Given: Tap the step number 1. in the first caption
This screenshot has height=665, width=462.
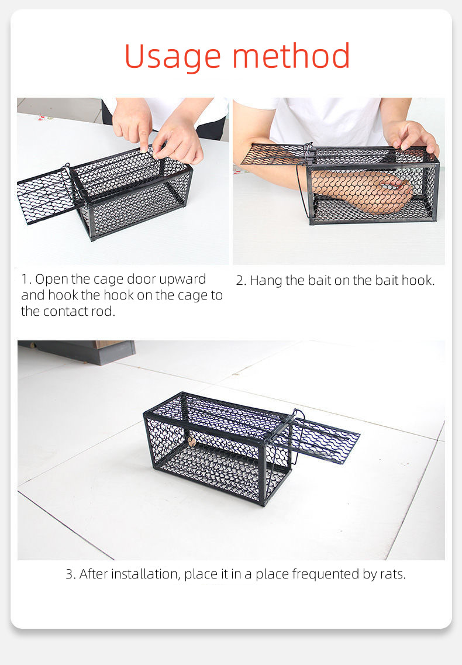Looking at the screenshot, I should pos(26,280).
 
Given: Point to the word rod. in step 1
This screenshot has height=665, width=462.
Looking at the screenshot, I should pos(103,311).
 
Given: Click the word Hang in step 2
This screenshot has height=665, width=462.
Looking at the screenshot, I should pos(267,281).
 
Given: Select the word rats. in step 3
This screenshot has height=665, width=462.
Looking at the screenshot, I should pos(392,574).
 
